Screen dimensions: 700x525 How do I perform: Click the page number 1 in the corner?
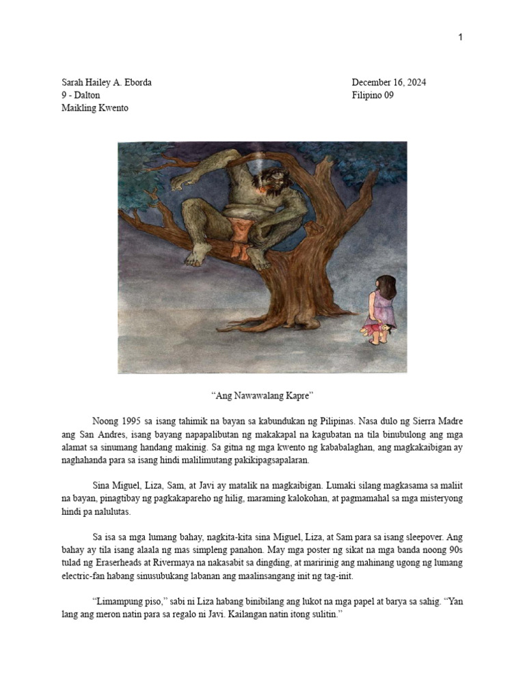461,37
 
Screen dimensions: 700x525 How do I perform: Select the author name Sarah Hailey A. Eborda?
107,83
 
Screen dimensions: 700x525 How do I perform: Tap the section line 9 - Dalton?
81,96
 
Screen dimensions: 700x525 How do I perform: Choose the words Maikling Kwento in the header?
95,109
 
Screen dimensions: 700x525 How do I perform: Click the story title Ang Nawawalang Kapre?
262,396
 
